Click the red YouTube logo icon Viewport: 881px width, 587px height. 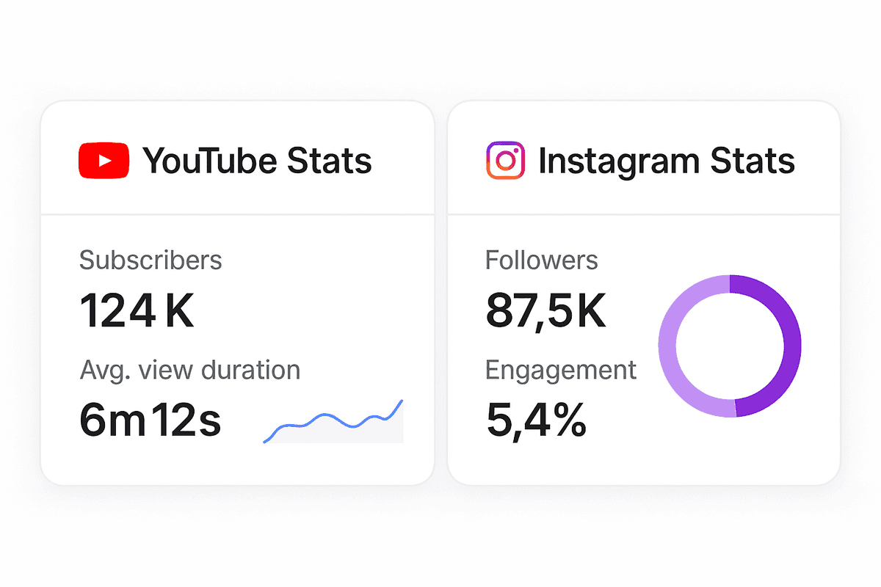(104, 161)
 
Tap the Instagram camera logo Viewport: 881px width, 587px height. (505, 161)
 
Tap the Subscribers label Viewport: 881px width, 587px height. (151, 260)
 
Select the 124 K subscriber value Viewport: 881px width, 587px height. (137, 310)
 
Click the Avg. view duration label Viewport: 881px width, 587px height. (189, 370)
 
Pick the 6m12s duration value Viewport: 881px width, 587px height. (150, 421)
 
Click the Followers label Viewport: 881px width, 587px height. (541, 260)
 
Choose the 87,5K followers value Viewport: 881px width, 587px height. (545, 310)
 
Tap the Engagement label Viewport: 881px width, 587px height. (561, 370)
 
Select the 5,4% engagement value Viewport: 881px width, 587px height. (536, 421)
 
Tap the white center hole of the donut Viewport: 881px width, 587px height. (730, 346)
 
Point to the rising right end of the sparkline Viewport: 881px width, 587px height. (399, 406)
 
